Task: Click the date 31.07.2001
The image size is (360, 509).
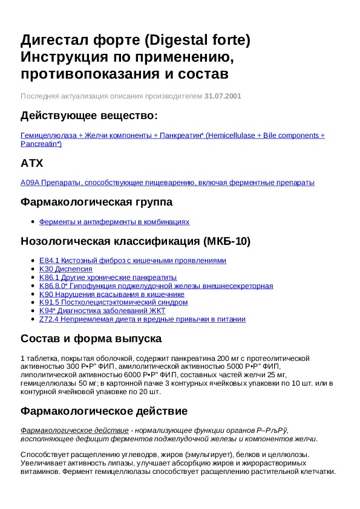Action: [x=223, y=96]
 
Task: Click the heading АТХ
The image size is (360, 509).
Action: [x=31, y=163]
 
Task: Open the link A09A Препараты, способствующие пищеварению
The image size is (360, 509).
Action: [x=168, y=183]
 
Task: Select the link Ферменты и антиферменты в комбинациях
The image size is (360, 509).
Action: [x=114, y=222]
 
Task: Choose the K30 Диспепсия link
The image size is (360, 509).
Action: [x=66, y=269]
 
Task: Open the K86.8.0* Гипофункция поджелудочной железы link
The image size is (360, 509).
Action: [x=155, y=286]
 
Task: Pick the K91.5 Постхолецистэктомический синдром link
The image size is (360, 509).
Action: [x=113, y=302]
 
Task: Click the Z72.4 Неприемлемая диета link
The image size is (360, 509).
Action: [x=142, y=319]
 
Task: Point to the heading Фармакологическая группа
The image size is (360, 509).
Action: [x=97, y=202]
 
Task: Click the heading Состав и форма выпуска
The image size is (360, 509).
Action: [x=91, y=339]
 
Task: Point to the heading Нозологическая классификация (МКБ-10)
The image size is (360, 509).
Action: [x=136, y=241]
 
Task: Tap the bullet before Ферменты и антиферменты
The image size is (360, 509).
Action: [x=32, y=222]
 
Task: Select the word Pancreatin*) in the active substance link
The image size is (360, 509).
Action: [x=41, y=144]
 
